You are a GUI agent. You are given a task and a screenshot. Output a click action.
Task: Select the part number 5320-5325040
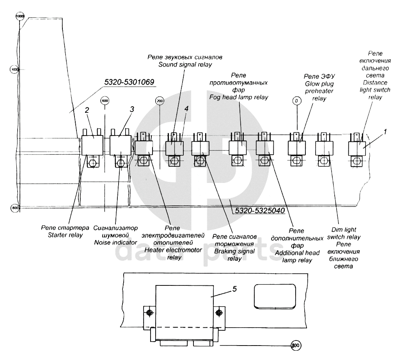[x=259, y=210]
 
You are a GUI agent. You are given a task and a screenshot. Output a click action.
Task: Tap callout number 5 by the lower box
[x=234, y=289]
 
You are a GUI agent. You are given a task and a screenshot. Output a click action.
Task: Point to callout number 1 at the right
[x=385, y=132]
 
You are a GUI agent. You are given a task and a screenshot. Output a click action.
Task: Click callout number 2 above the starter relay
[x=87, y=110]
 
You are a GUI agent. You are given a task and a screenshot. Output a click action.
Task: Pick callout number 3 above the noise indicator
[x=132, y=109]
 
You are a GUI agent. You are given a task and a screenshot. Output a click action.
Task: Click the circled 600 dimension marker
[x=104, y=101]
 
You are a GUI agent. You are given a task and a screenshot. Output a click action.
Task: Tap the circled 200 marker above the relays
[x=159, y=101]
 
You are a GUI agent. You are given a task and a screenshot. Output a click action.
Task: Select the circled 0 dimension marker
[x=297, y=101]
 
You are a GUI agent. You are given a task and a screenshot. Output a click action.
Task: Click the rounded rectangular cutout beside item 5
[x=275, y=295]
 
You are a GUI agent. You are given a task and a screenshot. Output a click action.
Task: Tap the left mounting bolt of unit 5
[x=149, y=313]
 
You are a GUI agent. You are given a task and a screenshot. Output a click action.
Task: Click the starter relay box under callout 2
[x=92, y=145]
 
